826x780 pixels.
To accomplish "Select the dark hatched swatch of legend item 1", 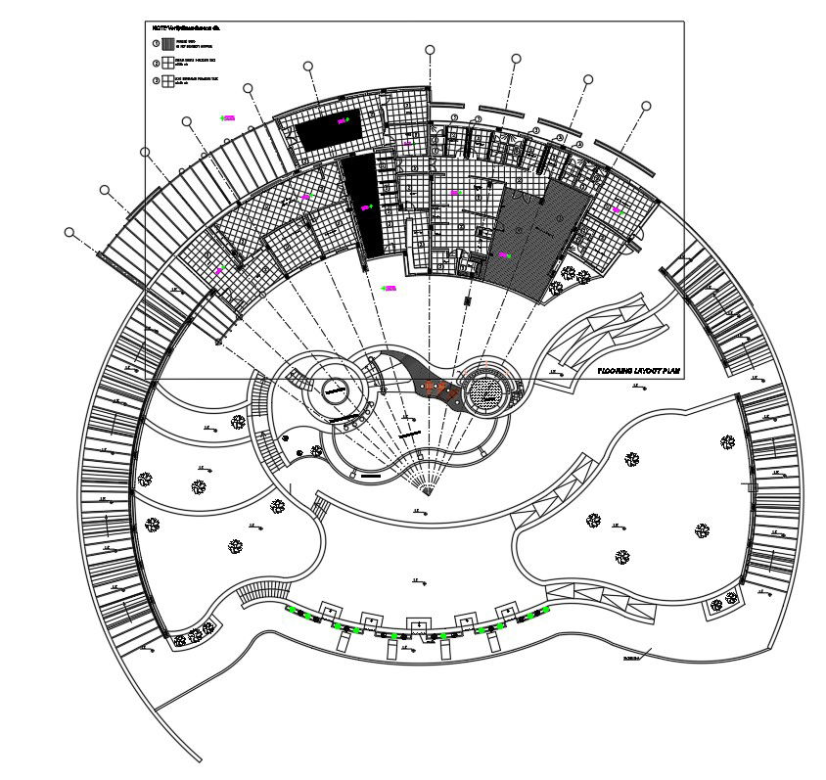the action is pyautogui.click(x=168, y=44).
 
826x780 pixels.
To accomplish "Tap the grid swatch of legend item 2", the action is pyautogui.click(x=168, y=63).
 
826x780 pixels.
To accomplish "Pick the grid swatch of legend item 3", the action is pyautogui.click(x=168, y=81).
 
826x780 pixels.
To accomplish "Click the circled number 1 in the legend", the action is pyautogui.click(x=155, y=44).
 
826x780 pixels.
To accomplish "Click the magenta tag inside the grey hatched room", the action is pyautogui.click(x=505, y=255).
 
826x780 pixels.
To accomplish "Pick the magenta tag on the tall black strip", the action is pyautogui.click(x=366, y=207).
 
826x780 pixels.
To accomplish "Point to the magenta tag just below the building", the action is pyautogui.click(x=389, y=288).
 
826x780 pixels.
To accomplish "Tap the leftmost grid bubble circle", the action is pyautogui.click(x=69, y=232).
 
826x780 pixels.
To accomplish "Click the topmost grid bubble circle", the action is pyautogui.click(x=430, y=49).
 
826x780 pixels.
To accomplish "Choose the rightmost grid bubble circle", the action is pyautogui.click(x=646, y=106).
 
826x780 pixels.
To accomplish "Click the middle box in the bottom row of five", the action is pyautogui.click(x=418, y=625).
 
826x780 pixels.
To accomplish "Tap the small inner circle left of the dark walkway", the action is pyautogui.click(x=335, y=389).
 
